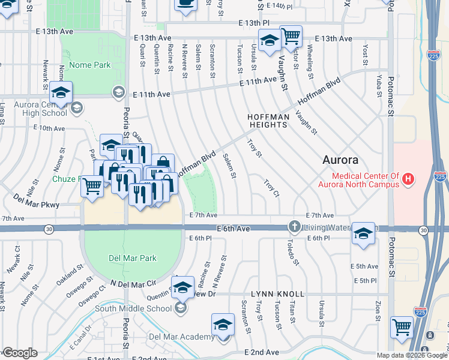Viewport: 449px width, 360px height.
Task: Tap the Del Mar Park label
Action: (133, 258)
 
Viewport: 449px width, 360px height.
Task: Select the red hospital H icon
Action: (408, 179)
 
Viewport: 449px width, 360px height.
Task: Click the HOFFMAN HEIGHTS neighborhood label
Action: (268, 120)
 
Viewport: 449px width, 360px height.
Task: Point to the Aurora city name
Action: (340, 160)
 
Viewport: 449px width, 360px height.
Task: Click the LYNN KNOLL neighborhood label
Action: (277, 295)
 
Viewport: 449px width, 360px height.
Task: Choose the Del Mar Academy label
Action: (186, 337)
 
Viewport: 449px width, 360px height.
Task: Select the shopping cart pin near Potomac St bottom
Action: (402, 328)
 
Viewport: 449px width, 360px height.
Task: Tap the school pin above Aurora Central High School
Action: (61, 93)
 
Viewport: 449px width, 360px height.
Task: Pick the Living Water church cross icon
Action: (294, 227)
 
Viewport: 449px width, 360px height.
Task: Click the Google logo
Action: (20, 353)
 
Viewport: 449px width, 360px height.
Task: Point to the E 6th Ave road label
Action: (233, 229)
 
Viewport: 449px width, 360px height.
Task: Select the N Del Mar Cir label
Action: (133, 283)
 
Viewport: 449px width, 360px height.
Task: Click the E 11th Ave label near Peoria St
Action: (152, 94)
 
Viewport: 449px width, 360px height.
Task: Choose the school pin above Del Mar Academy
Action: (223, 326)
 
